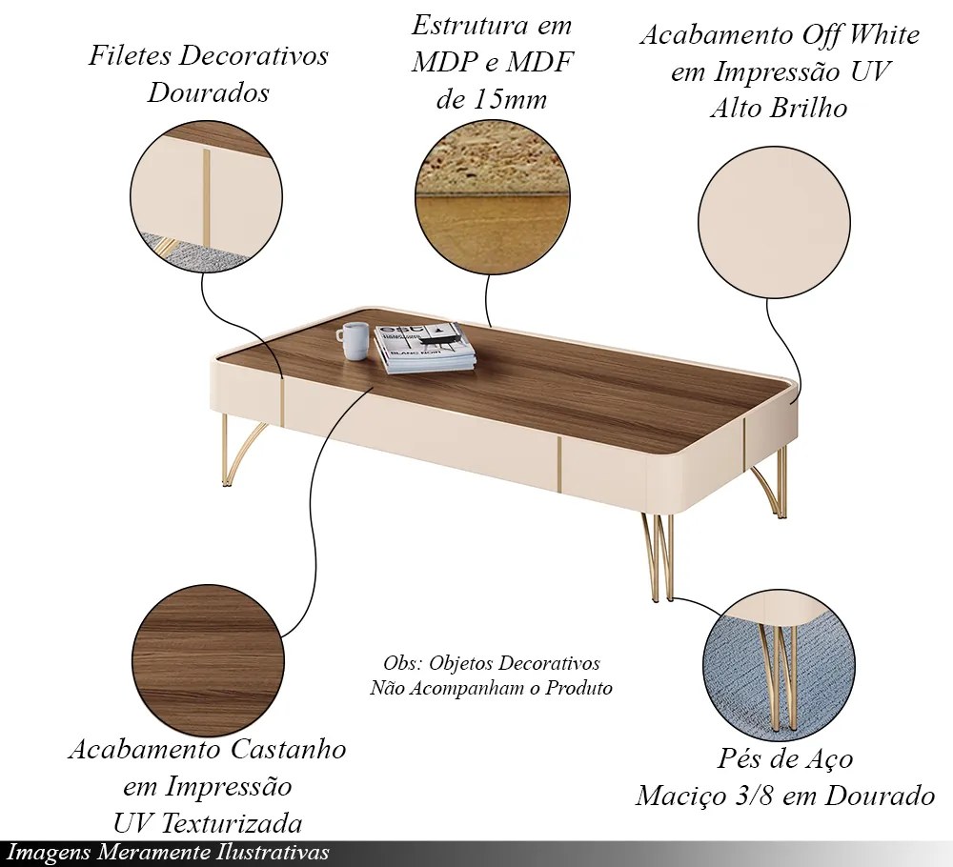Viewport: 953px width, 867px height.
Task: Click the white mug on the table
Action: [354, 340]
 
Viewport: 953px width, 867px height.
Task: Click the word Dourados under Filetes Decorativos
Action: [209, 93]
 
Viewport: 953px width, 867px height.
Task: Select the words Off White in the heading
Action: [859, 36]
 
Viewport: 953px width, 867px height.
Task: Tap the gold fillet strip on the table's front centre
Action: [559, 465]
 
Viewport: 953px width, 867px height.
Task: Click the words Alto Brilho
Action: [778, 108]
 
